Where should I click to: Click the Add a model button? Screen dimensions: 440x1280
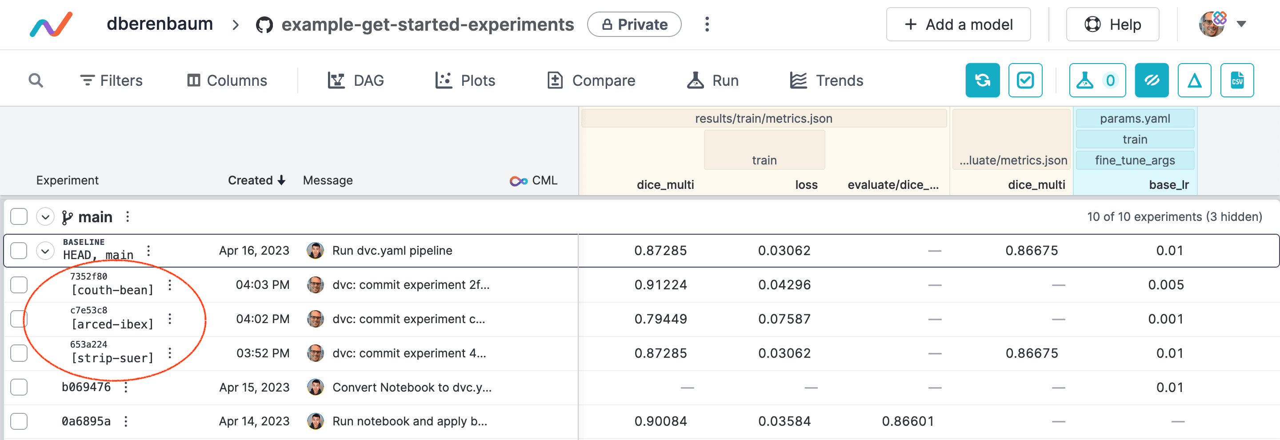coord(958,24)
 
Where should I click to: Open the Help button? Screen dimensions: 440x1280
coord(1112,24)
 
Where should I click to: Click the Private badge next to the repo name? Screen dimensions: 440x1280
coord(634,24)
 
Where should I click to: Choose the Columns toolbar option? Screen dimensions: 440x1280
coord(227,80)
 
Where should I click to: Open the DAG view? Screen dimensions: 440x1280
coord(356,80)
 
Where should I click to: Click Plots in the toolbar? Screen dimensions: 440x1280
coord(465,80)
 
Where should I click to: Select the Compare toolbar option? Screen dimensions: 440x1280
coord(591,80)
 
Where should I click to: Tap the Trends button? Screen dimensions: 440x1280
coord(826,80)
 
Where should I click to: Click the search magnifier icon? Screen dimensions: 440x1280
coord(36,80)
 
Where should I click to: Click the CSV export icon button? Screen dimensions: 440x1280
coord(1237,80)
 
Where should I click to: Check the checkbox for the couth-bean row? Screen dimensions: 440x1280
coord(19,285)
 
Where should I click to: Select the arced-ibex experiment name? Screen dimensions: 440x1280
coord(112,324)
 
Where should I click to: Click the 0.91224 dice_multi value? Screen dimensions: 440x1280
coord(660,285)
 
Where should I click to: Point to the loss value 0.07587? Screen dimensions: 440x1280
coord(784,319)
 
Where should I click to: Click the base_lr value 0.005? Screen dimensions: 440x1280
coord(1166,285)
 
